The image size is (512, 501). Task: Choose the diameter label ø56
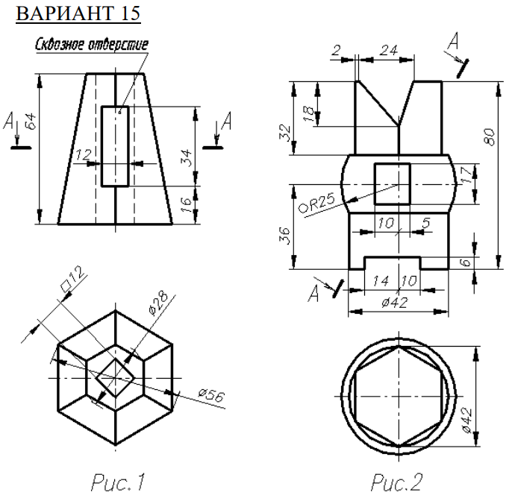pos(211,394)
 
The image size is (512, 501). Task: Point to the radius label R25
pos(317,203)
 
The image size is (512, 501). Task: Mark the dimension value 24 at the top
pos(386,51)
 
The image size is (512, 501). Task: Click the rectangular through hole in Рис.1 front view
pos(115,145)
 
